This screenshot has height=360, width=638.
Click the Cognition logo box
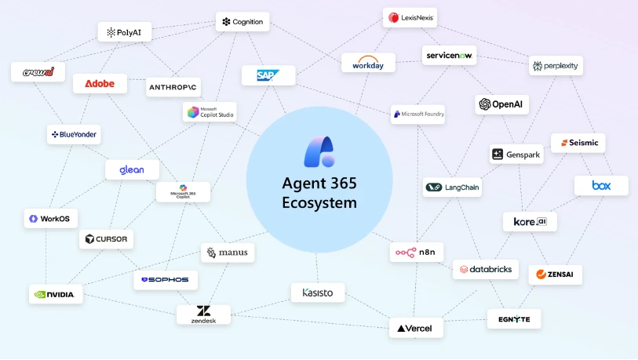click(x=242, y=22)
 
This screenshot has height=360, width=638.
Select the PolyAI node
click(x=125, y=32)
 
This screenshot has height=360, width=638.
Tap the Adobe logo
click(x=100, y=83)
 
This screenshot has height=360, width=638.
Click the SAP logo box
click(x=268, y=75)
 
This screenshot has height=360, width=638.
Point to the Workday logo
click(x=368, y=63)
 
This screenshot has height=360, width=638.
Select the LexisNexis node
click(x=410, y=17)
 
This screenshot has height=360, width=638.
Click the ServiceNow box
click(x=450, y=55)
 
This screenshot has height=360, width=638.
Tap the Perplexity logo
click(x=556, y=66)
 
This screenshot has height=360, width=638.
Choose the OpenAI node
click(x=501, y=104)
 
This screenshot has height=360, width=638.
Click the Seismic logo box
click(x=578, y=143)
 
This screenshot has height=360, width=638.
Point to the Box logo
click(x=600, y=186)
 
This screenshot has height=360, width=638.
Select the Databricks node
click(x=486, y=269)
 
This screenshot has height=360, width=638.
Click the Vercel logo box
click(x=416, y=328)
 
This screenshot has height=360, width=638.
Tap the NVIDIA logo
click(x=55, y=294)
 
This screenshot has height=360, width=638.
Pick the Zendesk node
click(x=203, y=315)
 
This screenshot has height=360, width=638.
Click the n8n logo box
click(x=417, y=253)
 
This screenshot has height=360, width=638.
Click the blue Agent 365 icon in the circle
click(x=319, y=152)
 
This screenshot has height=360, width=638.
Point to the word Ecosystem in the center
click(x=319, y=202)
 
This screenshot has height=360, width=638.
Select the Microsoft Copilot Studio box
click(x=209, y=113)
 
